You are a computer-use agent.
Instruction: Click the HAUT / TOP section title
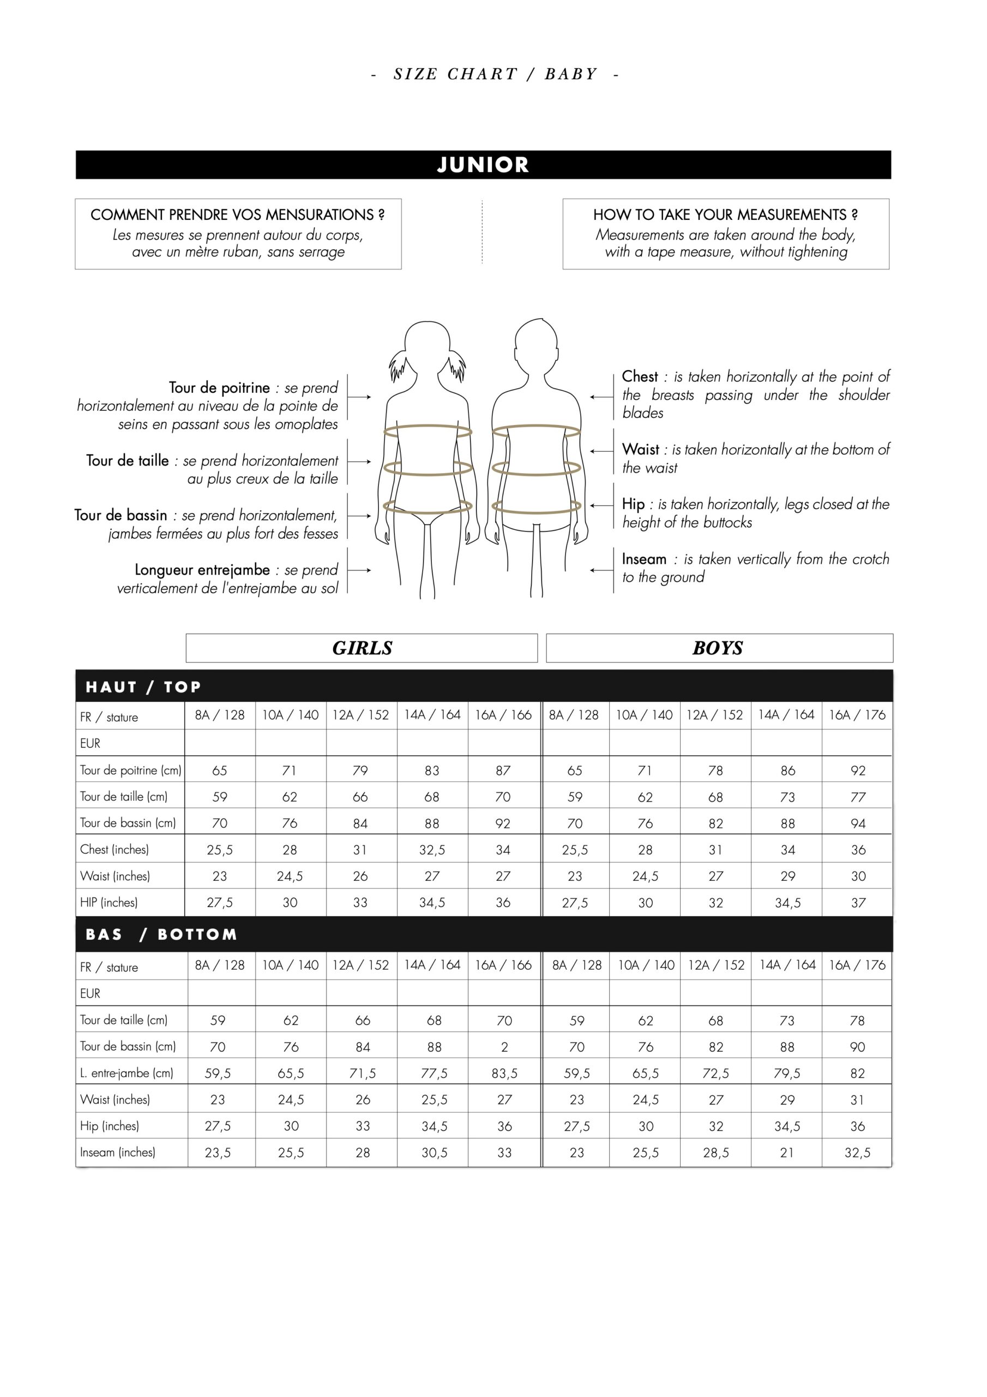coord(143,687)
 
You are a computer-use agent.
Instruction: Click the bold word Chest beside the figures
coord(640,377)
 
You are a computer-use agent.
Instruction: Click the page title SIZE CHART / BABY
coord(495,74)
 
